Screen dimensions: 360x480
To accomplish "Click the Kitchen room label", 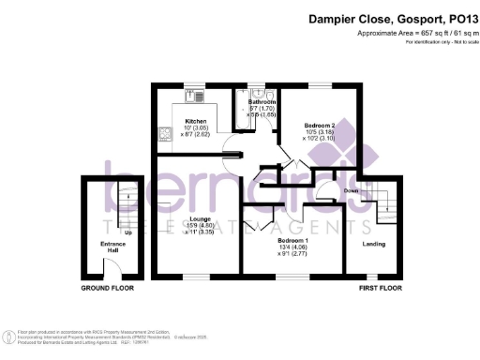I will click(x=196, y=121).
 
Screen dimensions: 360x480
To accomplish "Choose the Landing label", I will click(x=374, y=245).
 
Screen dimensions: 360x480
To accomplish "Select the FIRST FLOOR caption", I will click(x=380, y=289).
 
